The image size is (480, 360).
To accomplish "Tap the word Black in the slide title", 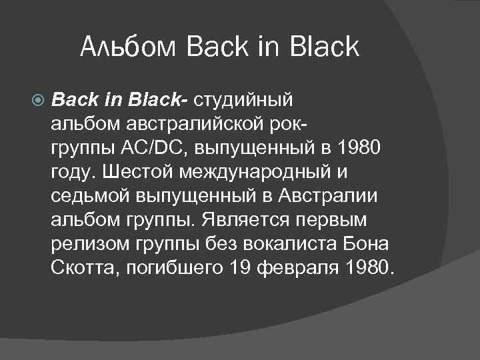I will tap(325, 47).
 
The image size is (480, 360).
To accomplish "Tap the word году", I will tap(73, 171).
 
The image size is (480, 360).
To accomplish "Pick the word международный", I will tap(260, 171).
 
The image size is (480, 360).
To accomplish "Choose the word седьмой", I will tap(90, 195).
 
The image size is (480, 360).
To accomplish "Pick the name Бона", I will tap(366, 243).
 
